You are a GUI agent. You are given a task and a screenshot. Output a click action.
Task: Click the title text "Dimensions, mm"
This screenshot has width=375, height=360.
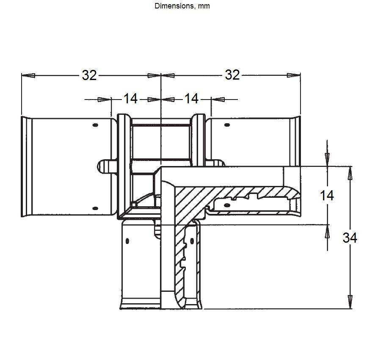tap(182, 6)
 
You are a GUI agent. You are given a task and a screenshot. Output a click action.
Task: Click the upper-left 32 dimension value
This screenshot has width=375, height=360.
tap(89, 75)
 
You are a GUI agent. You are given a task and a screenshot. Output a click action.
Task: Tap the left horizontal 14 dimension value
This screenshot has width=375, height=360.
tap(130, 99)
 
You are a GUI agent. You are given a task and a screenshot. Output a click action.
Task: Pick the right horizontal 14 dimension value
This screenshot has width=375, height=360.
tap(191, 99)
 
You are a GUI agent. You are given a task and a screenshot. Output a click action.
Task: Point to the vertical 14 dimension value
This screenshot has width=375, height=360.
tap(327, 196)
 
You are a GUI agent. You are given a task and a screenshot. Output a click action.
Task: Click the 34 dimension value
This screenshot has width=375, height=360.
tap(350, 238)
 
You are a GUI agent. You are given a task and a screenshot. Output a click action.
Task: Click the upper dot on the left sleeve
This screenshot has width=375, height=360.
tap(95, 125)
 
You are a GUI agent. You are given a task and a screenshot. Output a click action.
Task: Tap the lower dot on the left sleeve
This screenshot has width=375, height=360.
tap(95, 208)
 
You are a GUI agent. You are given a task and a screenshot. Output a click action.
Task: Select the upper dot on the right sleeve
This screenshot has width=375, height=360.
tap(227, 125)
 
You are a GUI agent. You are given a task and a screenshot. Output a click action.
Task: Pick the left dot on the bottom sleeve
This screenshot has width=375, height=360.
tap(127, 241)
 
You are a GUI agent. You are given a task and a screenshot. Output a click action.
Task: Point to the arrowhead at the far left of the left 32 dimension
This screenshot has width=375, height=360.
tap(28, 75)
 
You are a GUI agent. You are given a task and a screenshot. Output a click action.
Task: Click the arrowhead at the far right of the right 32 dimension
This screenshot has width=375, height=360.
tap(294, 75)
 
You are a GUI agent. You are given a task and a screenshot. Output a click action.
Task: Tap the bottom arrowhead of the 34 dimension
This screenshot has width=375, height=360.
tap(350, 302)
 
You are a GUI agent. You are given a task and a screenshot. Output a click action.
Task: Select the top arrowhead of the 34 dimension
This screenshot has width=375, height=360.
tap(350, 173)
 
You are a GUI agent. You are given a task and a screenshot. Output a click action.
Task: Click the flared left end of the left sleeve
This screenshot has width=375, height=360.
tap(27, 166)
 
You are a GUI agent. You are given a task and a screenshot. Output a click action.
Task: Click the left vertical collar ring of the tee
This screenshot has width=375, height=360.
tap(124, 166)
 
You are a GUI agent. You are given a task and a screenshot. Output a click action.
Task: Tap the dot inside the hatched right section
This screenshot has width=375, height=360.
tap(227, 205)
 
